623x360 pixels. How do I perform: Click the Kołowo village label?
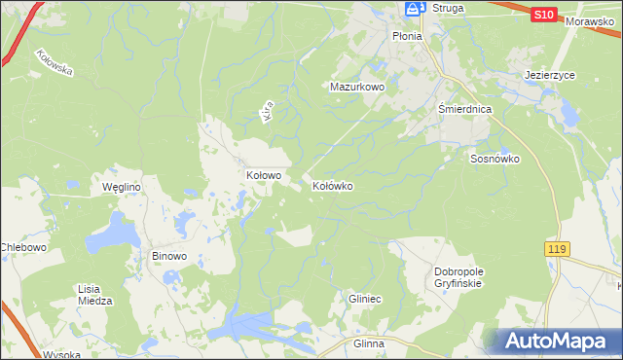(x=263, y=176)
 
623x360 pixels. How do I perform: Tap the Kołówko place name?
(x=332, y=185)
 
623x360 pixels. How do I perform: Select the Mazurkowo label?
(x=357, y=87)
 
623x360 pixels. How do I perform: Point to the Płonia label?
(x=407, y=36)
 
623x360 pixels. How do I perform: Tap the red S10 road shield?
(x=544, y=15)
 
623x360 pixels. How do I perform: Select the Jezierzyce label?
(x=549, y=73)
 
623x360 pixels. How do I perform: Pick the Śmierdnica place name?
(x=464, y=110)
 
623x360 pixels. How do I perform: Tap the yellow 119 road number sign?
(x=556, y=250)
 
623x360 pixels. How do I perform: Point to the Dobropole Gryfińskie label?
(x=458, y=277)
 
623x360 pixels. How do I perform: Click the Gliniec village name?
(x=364, y=300)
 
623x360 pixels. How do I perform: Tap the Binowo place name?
(x=168, y=257)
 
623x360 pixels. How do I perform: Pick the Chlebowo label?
(x=23, y=247)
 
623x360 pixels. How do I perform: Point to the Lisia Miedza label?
(x=95, y=294)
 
